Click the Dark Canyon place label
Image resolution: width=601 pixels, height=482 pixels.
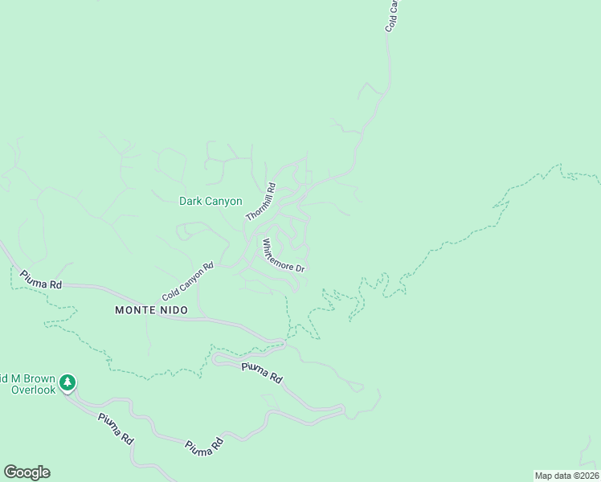pos(210,202)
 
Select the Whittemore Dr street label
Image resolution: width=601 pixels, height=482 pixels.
pos(283,256)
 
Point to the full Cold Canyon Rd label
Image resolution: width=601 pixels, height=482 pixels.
pos(187,280)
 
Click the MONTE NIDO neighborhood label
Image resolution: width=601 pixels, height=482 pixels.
pos(151,310)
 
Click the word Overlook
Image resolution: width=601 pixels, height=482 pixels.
pos(33,390)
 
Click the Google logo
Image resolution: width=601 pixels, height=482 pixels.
pos(27,472)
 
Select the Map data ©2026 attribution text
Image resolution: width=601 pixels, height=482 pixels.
pos(566,476)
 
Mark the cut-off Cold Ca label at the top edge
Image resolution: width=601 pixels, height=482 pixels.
pos(392,15)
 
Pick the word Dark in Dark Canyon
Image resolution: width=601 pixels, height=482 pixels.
pos(189,202)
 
